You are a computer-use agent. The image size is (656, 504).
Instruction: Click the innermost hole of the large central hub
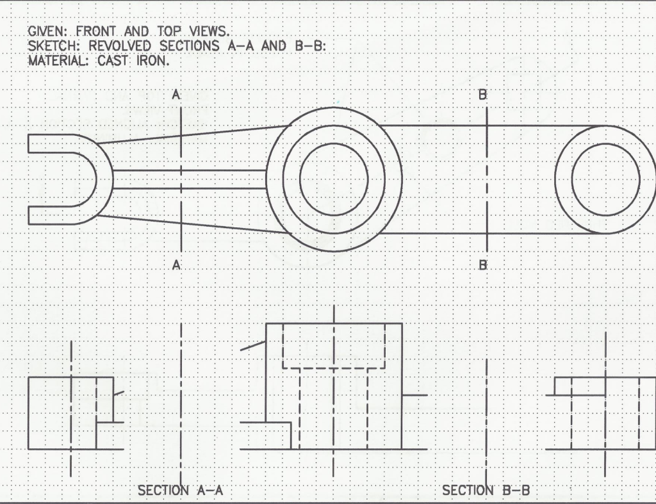334,179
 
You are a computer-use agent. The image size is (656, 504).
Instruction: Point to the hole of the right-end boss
605,179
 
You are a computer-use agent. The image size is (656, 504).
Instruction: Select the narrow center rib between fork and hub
189,179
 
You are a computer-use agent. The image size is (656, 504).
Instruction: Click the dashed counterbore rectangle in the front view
334,346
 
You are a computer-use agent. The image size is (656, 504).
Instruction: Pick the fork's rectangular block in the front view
61,413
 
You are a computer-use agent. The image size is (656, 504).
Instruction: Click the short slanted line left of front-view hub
253,346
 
